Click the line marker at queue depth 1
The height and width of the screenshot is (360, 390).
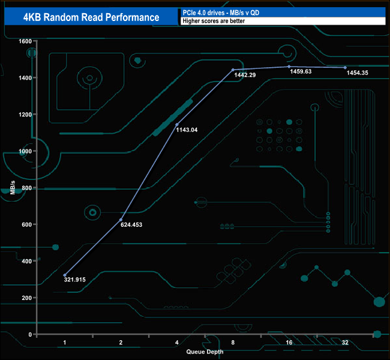point(65,275)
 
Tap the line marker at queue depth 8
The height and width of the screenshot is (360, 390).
point(233,70)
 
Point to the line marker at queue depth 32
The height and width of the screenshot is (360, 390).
point(345,68)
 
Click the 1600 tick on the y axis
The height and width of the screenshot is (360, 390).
point(25,41)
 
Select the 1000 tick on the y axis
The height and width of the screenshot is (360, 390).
point(25,151)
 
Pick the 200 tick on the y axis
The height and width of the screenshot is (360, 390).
point(26,298)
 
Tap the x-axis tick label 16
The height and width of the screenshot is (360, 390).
point(289,342)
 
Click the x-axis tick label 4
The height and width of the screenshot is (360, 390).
point(176,342)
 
